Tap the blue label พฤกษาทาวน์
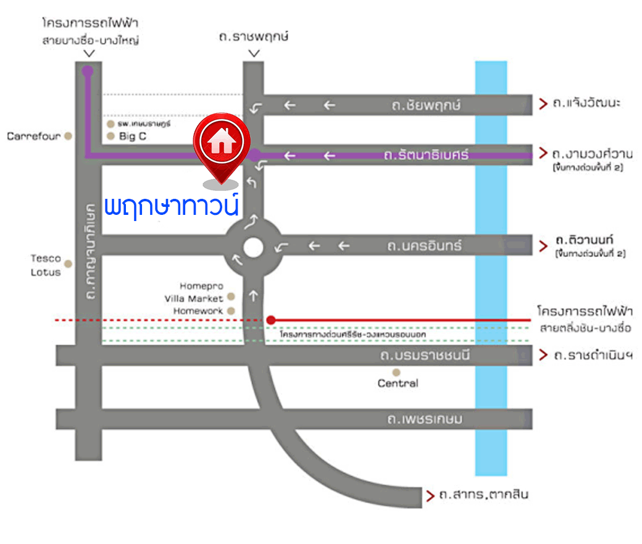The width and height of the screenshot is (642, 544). click(172, 206)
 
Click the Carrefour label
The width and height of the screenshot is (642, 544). click(33, 136)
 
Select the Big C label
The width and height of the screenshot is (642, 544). click(132, 136)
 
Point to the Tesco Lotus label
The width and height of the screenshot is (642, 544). click(46, 266)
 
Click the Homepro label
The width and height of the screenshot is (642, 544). click(199, 286)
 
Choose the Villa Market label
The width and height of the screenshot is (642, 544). click(193, 299)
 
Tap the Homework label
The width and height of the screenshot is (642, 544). click(198, 311)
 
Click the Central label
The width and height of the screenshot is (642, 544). click(398, 383)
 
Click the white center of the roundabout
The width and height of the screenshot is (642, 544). click(253, 247)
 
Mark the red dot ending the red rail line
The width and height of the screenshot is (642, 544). click(270, 320)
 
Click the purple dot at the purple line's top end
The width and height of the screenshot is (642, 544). click(88, 70)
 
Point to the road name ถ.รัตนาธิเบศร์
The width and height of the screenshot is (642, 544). click(426, 154)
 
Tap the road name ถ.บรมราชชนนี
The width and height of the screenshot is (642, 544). click(421, 356)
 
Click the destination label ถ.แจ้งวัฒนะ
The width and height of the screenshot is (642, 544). click(586, 103)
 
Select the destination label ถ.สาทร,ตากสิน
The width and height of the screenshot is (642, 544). click(483, 495)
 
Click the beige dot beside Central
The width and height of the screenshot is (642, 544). click(397, 372)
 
